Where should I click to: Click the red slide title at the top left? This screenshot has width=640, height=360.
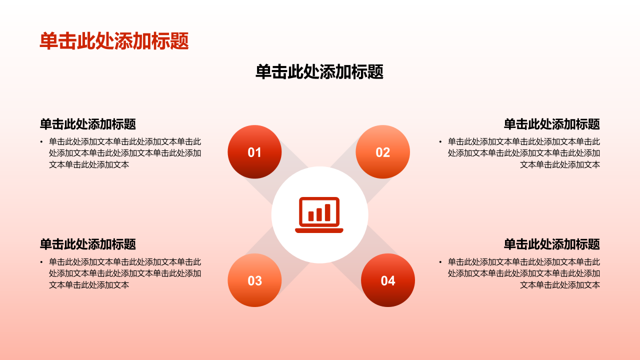(114, 41)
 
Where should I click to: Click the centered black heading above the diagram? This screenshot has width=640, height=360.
(319, 72)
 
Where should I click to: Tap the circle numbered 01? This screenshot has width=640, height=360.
(254, 152)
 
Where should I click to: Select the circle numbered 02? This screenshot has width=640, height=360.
(382, 152)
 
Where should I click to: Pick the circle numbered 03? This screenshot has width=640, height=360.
(254, 280)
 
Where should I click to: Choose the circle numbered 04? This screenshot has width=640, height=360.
(388, 280)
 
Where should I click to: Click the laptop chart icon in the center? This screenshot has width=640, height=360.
(319, 214)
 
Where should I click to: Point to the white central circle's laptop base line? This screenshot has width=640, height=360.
(319, 230)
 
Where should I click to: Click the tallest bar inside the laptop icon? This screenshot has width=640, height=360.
(327, 212)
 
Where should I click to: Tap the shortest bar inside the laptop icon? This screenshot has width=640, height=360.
(311, 216)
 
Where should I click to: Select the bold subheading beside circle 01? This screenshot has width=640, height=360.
(88, 124)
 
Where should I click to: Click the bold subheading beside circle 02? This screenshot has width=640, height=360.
(551, 124)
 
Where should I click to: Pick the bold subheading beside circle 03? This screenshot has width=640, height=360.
(88, 244)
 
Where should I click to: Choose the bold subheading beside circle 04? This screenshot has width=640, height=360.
(551, 244)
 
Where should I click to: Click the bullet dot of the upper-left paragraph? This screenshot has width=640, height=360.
(41, 142)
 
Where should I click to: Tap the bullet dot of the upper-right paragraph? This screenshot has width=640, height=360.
(440, 142)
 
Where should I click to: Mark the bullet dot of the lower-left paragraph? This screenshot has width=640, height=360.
(41, 262)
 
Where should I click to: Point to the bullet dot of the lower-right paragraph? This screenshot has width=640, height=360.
(440, 262)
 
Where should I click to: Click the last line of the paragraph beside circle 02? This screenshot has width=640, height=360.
(559, 164)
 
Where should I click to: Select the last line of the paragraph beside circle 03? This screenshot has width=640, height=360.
(89, 285)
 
